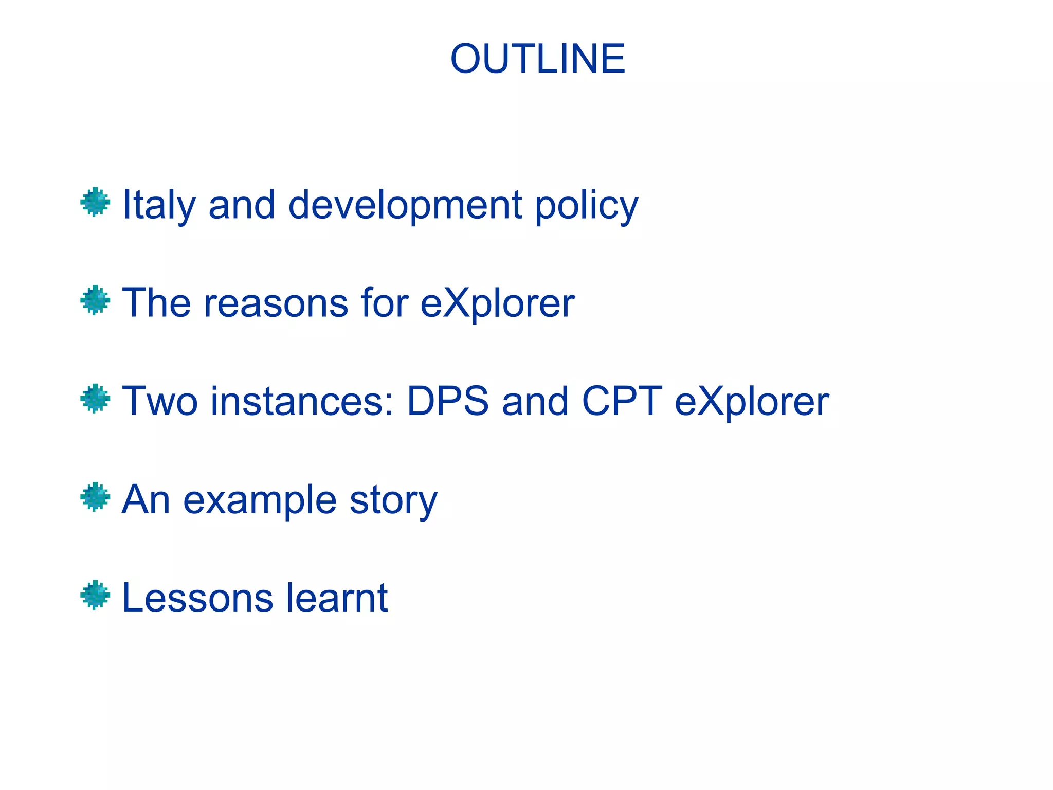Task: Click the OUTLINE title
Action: [537, 59]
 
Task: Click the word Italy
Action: [158, 205]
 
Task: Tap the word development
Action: [405, 205]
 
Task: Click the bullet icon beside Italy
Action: [95, 202]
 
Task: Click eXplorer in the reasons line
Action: [497, 303]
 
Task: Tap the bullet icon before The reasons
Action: [95, 300]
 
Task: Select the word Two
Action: [159, 401]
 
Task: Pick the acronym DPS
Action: [447, 401]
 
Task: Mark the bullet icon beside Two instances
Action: [95, 399]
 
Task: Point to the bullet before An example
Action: [95, 497]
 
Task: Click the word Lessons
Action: [197, 598]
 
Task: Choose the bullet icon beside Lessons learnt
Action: [95, 595]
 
